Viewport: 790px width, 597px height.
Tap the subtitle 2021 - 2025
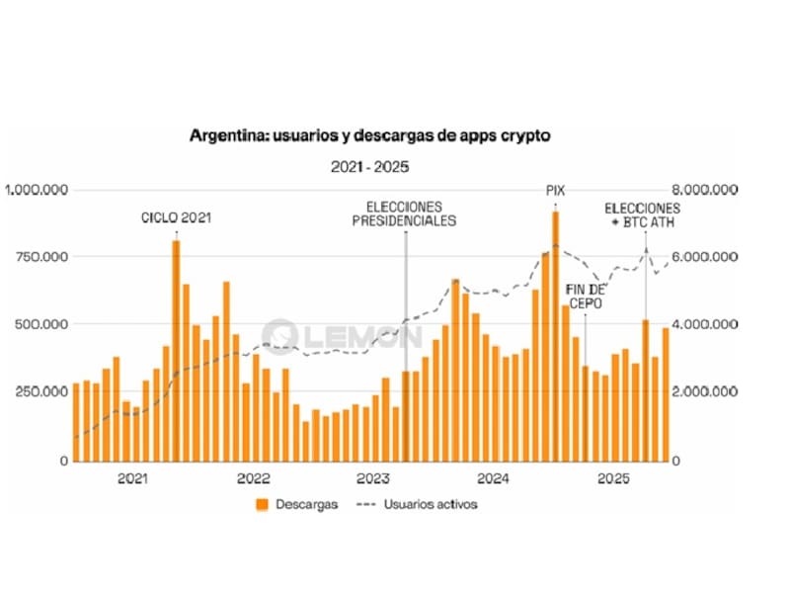coord(370,167)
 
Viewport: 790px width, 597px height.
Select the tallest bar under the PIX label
coord(556,336)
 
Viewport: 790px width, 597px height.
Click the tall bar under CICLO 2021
coord(176,351)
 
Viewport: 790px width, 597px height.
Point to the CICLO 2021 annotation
coord(176,217)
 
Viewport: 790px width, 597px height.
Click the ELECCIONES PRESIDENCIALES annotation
coord(404,213)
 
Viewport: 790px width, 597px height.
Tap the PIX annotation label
coord(556,190)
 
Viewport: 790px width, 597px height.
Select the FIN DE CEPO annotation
coord(585,296)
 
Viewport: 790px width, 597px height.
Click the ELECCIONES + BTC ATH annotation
coord(642,215)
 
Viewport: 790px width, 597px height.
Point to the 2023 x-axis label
coord(373,479)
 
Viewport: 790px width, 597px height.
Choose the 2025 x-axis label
coord(613,479)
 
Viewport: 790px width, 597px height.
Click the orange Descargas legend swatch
coord(263,504)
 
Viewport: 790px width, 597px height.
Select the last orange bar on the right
coord(666,394)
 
